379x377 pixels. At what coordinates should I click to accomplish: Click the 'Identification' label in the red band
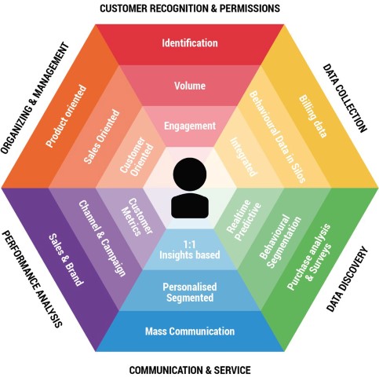click(190, 43)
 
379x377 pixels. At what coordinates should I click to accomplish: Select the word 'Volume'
click(190, 86)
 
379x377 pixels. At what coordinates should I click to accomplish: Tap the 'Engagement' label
click(190, 126)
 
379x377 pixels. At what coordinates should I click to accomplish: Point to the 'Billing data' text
click(313, 116)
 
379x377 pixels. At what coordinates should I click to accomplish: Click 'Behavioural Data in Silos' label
click(277, 137)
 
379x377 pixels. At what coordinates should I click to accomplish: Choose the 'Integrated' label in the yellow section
click(243, 157)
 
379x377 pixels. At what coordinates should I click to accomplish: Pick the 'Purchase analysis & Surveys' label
click(309, 257)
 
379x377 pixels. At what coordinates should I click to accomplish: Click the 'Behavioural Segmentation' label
click(280, 241)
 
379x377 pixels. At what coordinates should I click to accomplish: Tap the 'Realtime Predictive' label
click(244, 220)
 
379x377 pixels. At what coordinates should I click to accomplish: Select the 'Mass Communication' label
click(190, 331)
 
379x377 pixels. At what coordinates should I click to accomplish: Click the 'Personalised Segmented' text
click(190, 292)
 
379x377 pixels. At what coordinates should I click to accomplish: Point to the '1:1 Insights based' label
click(190, 250)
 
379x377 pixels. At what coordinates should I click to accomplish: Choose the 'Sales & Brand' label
click(66, 259)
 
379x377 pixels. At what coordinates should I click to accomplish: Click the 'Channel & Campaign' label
click(102, 238)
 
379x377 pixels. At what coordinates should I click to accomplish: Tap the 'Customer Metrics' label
click(137, 217)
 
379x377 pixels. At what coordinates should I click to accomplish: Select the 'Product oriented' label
click(66, 115)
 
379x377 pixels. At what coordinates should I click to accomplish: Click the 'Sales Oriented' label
click(102, 137)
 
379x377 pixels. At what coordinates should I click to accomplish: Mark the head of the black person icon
click(190, 174)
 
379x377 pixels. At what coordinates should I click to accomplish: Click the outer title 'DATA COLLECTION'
click(344, 98)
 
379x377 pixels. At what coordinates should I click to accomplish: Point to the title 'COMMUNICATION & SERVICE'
click(190, 370)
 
